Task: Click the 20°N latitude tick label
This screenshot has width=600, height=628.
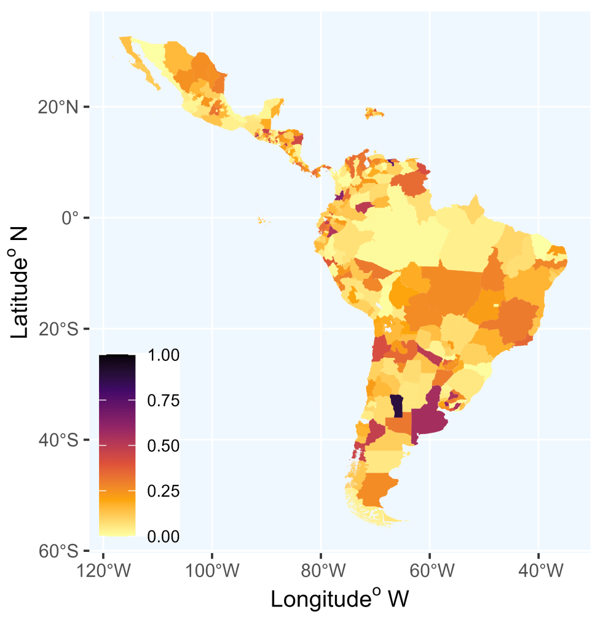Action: point(58,107)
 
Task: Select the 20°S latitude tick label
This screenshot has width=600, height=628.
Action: point(58,330)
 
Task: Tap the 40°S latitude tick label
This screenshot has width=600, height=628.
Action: point(58,441)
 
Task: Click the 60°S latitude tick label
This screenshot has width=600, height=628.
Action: point(58,551)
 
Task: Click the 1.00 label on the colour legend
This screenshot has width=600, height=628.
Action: point(164,355)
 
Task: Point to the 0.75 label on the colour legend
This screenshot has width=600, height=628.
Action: point(164,401)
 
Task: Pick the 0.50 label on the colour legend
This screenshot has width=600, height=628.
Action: point(164,446)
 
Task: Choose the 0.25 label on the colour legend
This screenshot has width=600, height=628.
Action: point(164,492)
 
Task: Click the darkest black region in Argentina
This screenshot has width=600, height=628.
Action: point(397,406)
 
